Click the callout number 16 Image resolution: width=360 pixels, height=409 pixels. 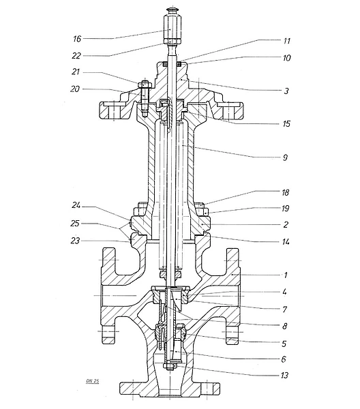point(77,39)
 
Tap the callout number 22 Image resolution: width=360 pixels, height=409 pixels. point(76,56)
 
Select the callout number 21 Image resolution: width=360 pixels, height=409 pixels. point(76,72)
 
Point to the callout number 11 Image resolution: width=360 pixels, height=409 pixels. point(286,41)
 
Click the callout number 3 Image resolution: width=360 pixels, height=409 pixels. point(286,91)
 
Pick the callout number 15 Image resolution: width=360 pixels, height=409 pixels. point(286,123)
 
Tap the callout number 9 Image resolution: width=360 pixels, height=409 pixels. point(285,157)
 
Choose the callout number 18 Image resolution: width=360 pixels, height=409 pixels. point(286,192)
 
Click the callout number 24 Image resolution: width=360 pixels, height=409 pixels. point(76,206)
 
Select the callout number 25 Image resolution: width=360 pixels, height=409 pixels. point(75,224)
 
